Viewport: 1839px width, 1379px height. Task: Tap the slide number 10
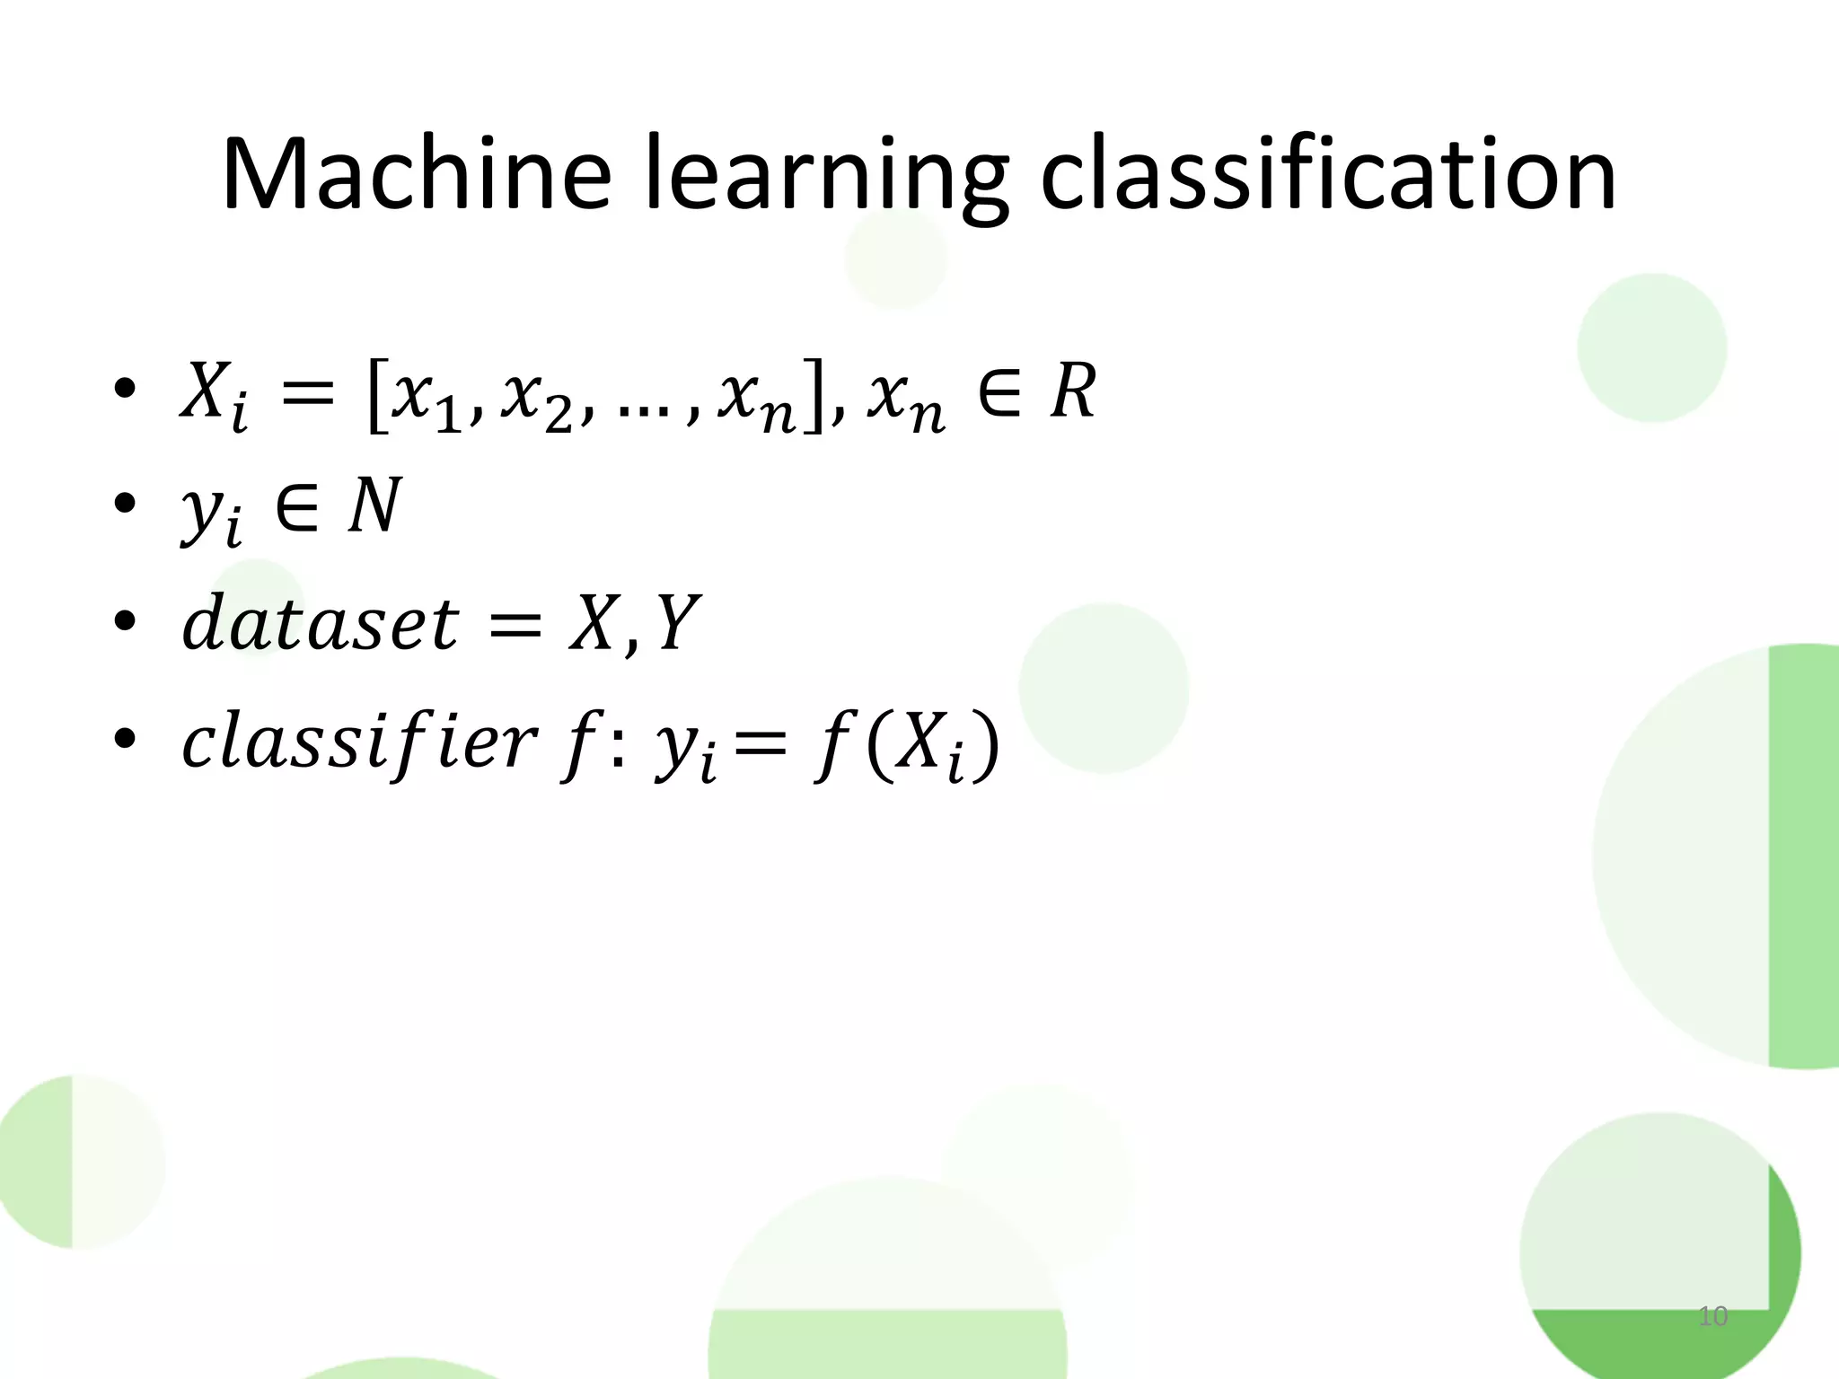tap(1713, 1316)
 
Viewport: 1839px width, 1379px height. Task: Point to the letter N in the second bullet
tap(374, 505)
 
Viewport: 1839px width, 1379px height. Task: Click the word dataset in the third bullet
tap(320, 623)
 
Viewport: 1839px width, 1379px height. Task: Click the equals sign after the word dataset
tap(514, 625)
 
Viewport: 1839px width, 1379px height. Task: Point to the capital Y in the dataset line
tap(678, 623)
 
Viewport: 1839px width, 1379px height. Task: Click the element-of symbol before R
tap(999, 392)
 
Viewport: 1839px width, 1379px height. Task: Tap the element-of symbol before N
tap(297, 505)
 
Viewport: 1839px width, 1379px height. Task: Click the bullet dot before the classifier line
tap(124, 738)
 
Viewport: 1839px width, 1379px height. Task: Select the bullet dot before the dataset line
tap(124, 620)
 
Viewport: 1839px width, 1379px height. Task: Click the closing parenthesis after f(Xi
tap(985, 746)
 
